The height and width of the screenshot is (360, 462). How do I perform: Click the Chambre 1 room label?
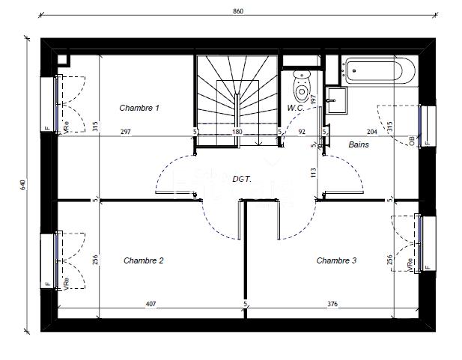(x=139, y=108)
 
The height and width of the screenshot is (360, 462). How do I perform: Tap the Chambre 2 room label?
(x=143, y=260)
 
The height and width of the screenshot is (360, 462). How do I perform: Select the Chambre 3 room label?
(x=336, y=260)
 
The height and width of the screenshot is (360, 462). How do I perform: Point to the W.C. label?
(x=295, y=108)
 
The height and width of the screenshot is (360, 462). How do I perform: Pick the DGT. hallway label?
(x=241, y=179)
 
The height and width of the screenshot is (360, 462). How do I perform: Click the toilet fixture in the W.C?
(x=302, y=87)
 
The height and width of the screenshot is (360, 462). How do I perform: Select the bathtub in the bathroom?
(x=379, y=72)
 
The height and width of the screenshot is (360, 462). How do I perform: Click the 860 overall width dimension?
(x=238, y=11)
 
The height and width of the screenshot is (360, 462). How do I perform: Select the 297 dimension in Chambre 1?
(x=126, y=132)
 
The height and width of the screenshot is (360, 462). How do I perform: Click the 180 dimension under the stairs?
(x=237, y=132)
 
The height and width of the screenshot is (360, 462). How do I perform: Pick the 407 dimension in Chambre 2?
(x=150, y=303)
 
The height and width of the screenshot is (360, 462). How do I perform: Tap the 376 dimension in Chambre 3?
(x=332, y=303)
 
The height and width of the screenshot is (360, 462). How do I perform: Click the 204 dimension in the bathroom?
(x=371, y=132)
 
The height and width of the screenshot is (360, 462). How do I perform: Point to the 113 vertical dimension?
(x=314, y=171)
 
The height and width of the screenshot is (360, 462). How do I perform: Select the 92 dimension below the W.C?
(x=302, y=132)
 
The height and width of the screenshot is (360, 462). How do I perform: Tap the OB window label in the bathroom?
(x=412, y=140)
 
